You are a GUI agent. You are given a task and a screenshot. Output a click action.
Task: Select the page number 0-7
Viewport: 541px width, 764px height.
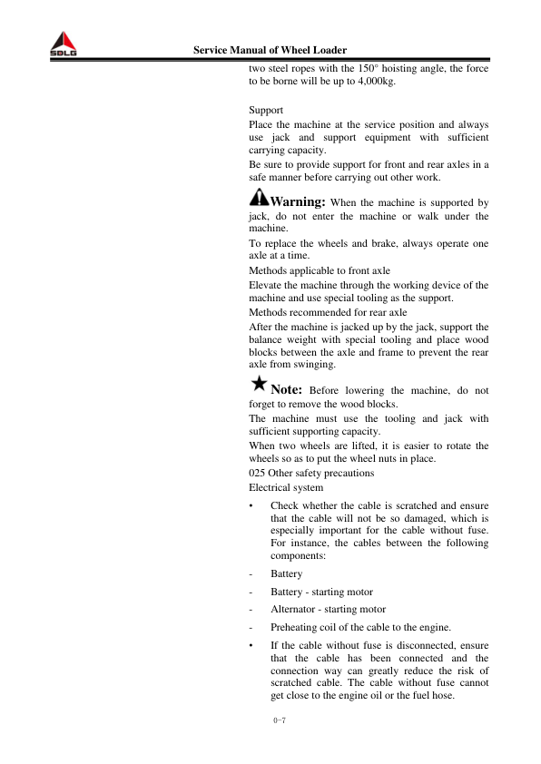[279, 722]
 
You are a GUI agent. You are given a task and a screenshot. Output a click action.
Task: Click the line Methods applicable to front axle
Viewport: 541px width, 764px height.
[319, 270]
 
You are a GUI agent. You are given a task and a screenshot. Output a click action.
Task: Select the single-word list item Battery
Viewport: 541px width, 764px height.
[287, 574]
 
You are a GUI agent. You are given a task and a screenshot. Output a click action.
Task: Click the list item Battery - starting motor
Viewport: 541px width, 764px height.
[321, 592]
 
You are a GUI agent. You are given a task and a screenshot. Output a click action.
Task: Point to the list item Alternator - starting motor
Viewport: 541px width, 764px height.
[328, 610]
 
